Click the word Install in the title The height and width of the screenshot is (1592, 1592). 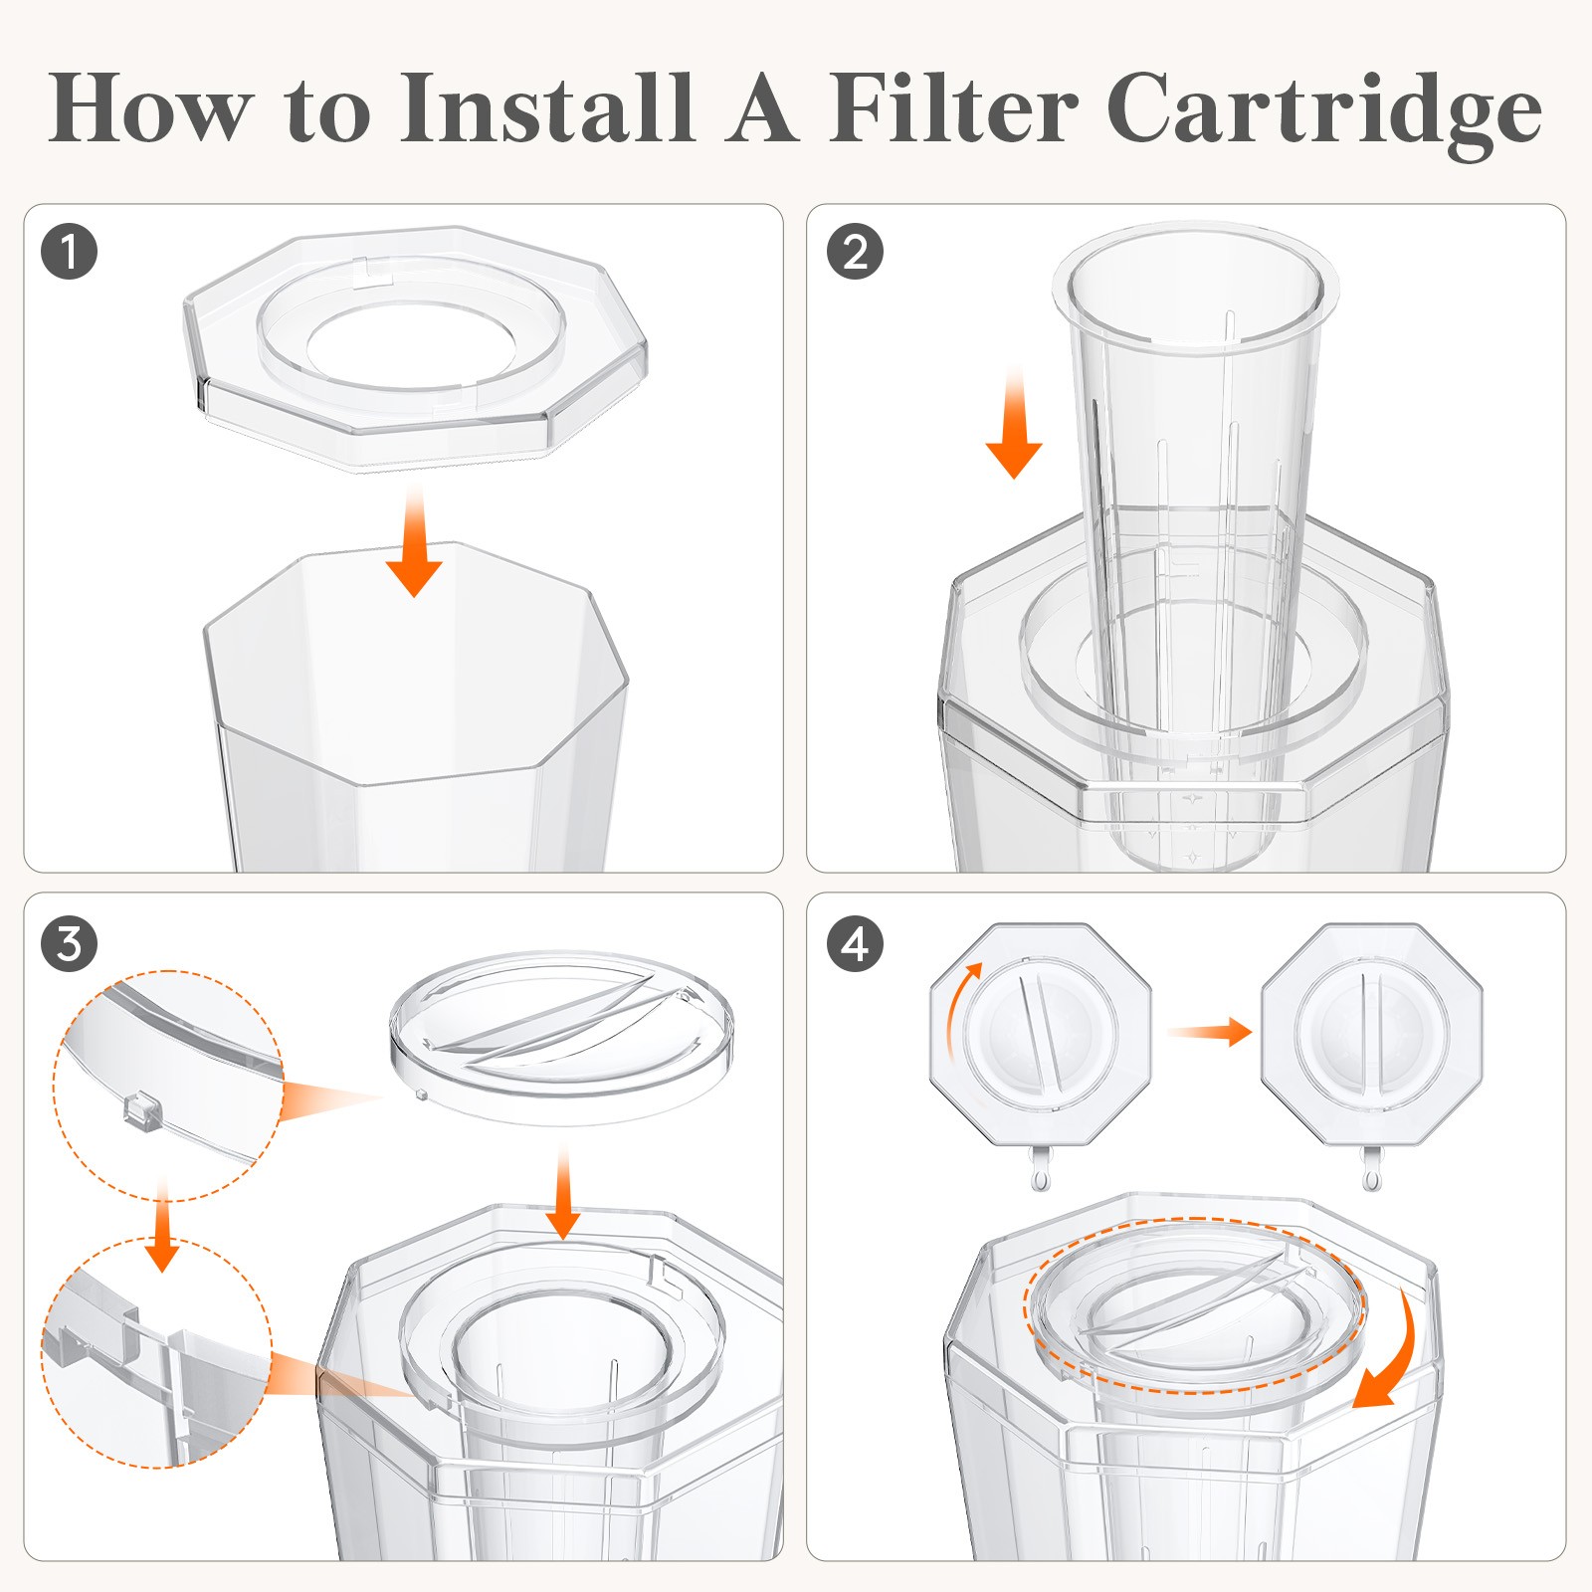tap(545, 107)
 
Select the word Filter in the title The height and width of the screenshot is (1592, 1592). tap(953, 107)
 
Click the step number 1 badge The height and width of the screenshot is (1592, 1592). tap(70, 251)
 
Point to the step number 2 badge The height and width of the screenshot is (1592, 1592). tap(855, 251)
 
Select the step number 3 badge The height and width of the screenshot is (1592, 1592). tap(70, 943)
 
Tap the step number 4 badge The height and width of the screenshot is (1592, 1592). tap(855, 943)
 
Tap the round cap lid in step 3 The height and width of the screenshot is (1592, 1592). tap(562, 1035)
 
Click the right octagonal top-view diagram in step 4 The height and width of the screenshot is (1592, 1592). tap(1371, 1035)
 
